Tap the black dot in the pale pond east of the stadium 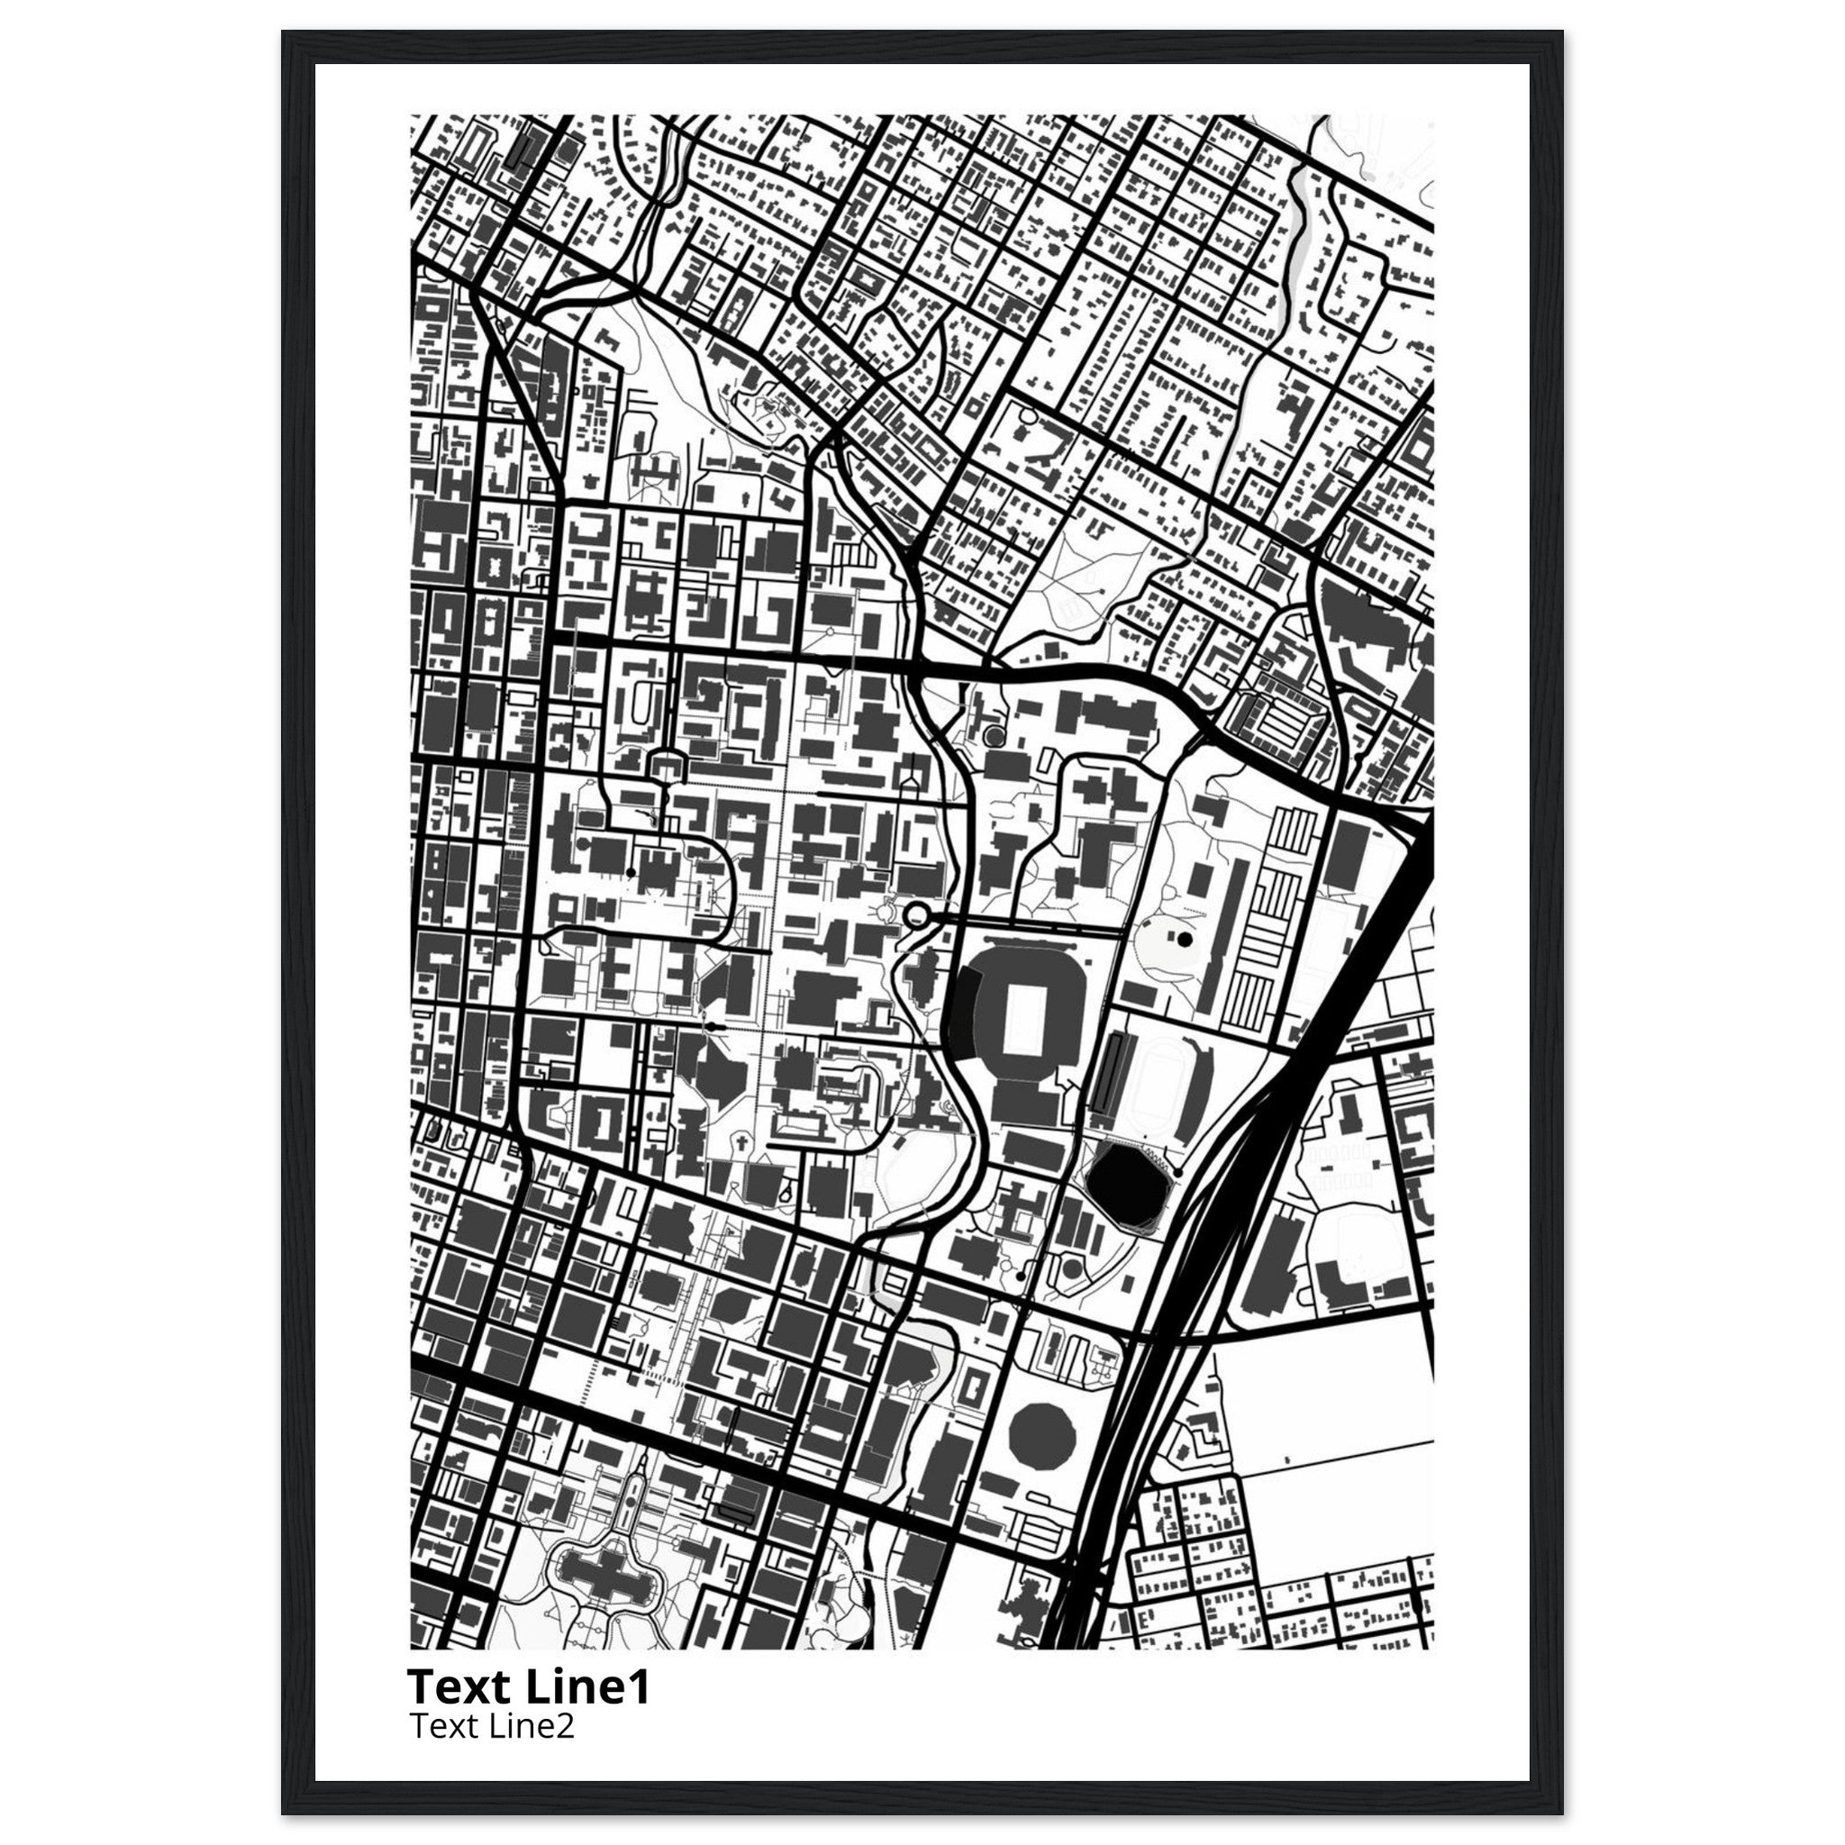(x=1186, y=940)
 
